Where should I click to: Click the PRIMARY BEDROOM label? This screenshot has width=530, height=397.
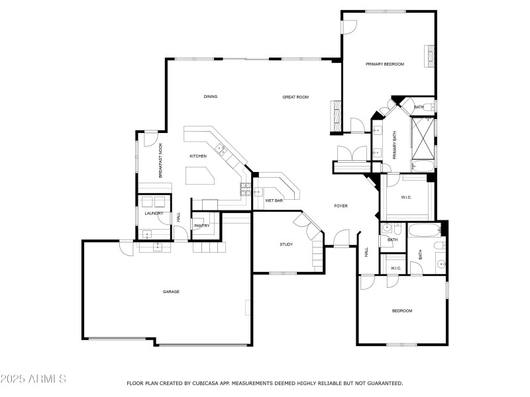[385, 64]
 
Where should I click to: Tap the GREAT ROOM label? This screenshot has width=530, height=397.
[295, 97]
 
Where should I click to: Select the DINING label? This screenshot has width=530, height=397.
[211, 97]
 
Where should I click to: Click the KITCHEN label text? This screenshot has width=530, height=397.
[198, 156]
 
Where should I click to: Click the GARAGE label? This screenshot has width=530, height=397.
[172, 292]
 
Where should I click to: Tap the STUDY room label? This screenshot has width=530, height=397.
[286, 245]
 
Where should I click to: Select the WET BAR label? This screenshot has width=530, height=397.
[274, 200]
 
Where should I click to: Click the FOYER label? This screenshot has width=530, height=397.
[341, 206]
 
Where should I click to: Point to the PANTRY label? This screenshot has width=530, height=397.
[202, 226]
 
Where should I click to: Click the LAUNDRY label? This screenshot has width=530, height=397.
[154, 214]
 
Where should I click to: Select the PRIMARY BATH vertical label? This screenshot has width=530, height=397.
[394, 144]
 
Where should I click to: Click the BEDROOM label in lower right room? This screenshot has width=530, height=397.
[401, 311]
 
